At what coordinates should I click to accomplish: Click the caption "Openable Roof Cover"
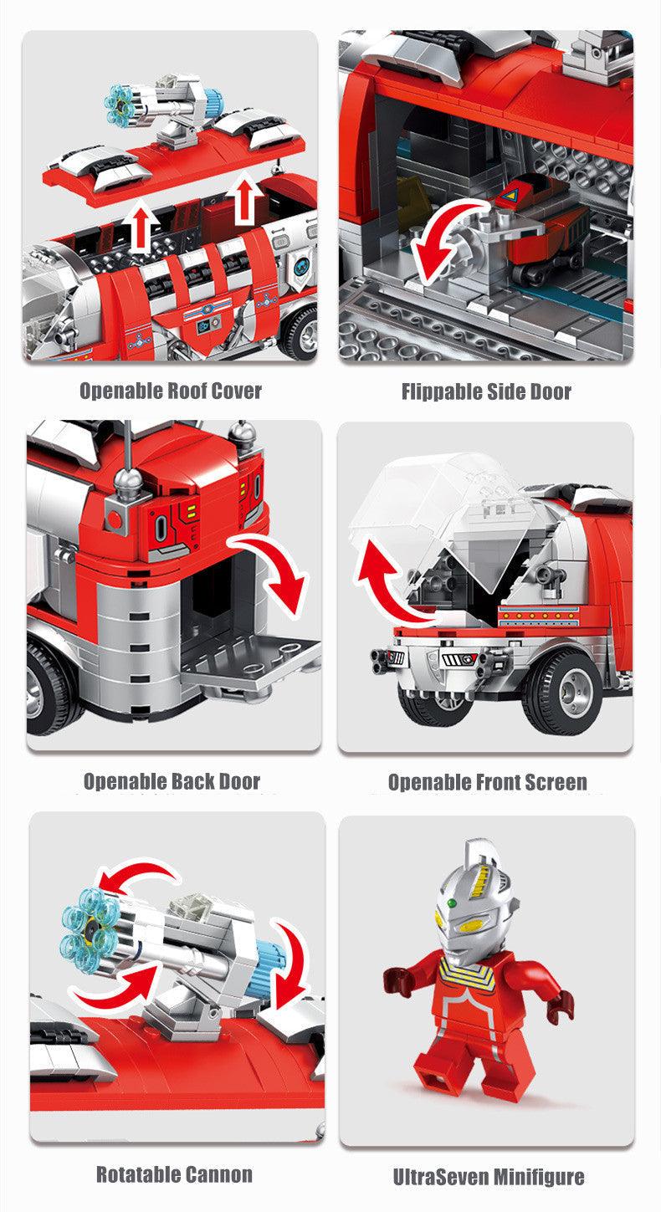pyautogui.click(x=171, y=391)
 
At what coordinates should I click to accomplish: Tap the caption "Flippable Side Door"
pyautogui.click(x=486, y=391)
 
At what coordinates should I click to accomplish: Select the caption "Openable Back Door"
pyautogui.click(x=172, y=782)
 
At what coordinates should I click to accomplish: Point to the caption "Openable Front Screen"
pyautogui.click(x=487, y=783)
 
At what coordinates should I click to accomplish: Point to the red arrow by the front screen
pyautogui.click(x=385, y=586)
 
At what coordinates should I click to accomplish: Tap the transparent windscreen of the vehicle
pyautogui.click(x=452, y=519)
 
